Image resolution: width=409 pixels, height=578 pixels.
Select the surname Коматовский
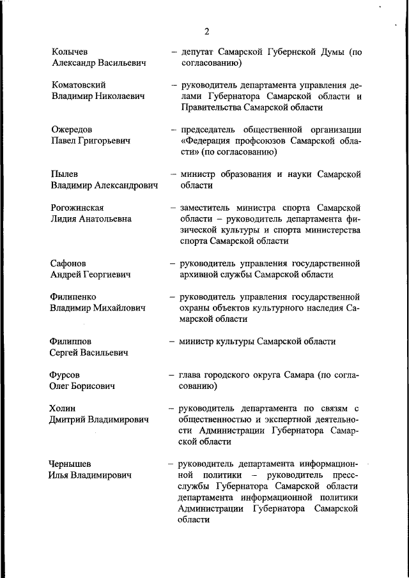pyautogui.click(x=78, y=84)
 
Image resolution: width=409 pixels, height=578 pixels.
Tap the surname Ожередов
pyautogui.click(x=72, y=129)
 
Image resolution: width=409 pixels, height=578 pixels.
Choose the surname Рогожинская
pyautogui.click(x=77, y=208)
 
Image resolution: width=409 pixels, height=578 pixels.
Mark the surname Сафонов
pyautogui.click(x=68, y=263)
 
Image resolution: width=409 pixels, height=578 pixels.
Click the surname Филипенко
pyautogui.click(x=73, y=297)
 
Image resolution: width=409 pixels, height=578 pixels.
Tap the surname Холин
pyautogui.click(x=63, y=408)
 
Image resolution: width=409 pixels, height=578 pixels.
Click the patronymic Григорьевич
pyautogui.click(x=106, y=141)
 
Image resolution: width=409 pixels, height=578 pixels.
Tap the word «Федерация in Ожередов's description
pyautogui.click(x=208, y=141)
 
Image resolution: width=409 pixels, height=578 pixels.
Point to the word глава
pyautogui.click(x=193, y=375)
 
